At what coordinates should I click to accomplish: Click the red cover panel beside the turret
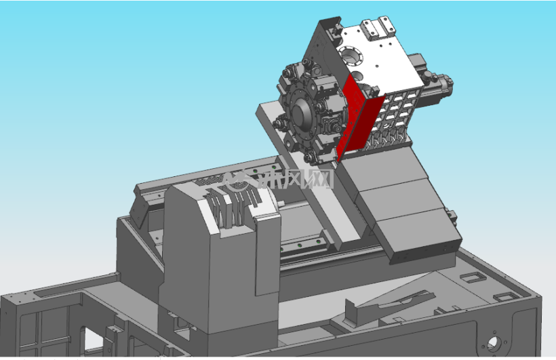tap(358, 117)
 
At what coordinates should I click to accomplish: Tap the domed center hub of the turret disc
tap(301, 114)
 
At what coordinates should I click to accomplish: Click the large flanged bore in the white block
tap(351, 56)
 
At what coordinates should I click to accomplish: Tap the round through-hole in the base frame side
tap(493, 344)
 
